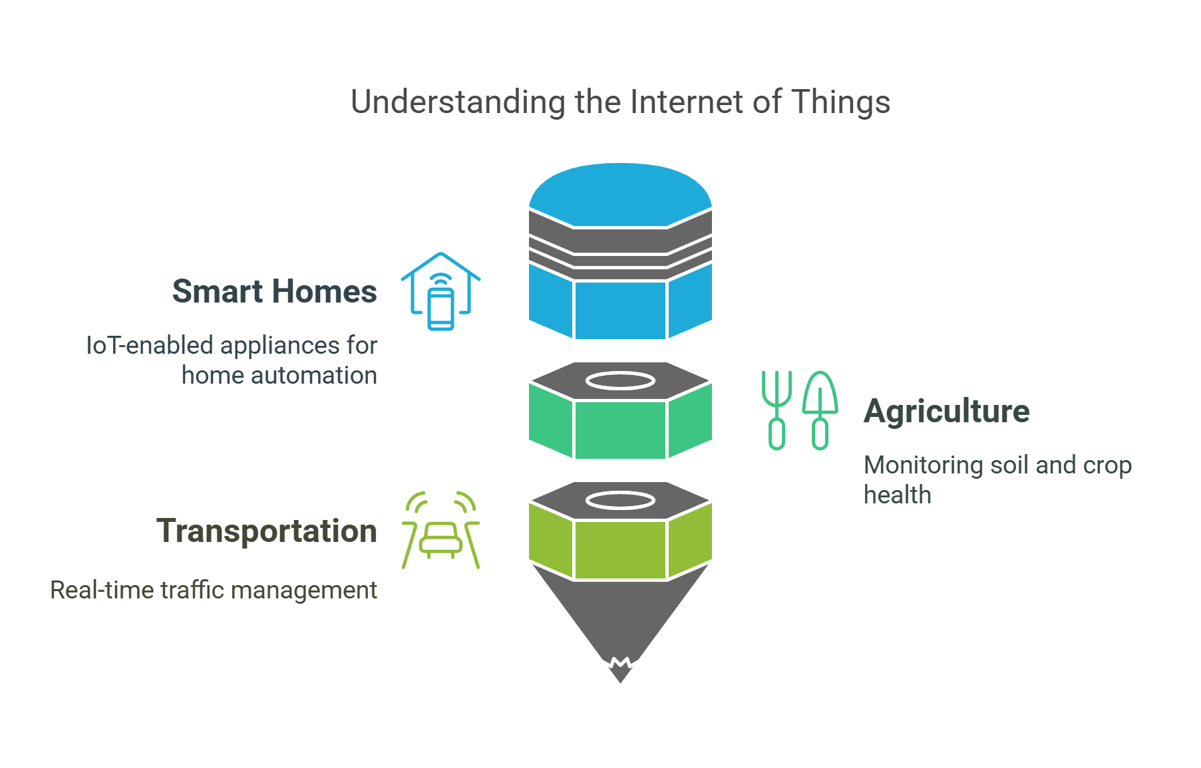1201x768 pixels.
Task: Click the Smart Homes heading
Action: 274,292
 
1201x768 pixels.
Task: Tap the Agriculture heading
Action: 946,412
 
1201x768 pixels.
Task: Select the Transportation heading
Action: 266,531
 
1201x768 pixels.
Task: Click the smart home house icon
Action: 440,291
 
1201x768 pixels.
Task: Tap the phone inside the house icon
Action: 440,309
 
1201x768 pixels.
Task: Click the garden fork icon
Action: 776,410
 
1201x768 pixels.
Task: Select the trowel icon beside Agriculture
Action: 820,410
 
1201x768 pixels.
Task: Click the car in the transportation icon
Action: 440,540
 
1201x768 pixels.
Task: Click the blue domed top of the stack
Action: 620,193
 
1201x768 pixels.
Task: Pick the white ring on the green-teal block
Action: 620,381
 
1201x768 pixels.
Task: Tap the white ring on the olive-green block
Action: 620,501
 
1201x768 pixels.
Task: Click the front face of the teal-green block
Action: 620,430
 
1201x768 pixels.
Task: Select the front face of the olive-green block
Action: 620,549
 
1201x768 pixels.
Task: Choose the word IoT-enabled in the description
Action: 150,346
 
